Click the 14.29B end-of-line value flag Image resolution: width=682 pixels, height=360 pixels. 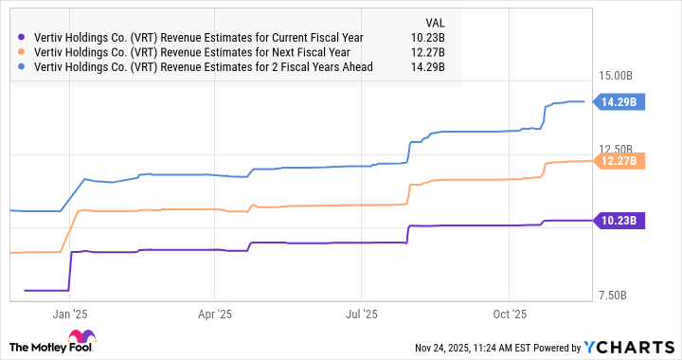point(619,101)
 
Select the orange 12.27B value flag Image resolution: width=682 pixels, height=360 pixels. point(619,161)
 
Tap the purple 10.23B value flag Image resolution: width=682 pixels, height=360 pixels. point(619,221)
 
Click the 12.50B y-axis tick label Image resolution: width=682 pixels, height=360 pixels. point(621,150)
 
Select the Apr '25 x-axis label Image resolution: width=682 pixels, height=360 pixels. point(216,313)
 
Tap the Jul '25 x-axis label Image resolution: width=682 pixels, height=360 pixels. point(362,313)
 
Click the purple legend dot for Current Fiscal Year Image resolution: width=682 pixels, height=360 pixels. point(23,38)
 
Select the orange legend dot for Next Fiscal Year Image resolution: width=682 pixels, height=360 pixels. point(23,52)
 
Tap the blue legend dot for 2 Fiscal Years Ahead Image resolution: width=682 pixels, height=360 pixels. point(23,66)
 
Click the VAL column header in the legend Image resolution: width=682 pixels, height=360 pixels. point(434,21)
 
